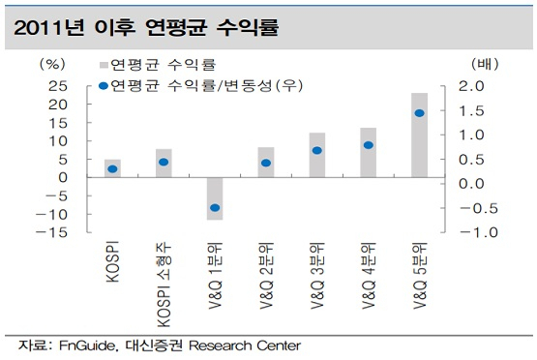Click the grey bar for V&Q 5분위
pyautogui.click(x=419, y=135)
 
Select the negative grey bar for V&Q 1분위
pyautogui.click(x=215, y=198)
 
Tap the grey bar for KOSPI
pyautogui.click(x=112, y=168)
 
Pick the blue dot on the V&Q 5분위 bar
pyautogui.click(x=419, y=113)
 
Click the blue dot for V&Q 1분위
pyautogui.click(x=215, y=207)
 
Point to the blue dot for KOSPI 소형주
pyautogui.click(x=164, y=162)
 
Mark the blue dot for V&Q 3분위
pyautogui.click(x=317, y=150)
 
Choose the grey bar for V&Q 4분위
pyautogui.click(x=369, y=153)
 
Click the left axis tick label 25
pyautogui.click(x=58, y=86)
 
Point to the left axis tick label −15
pyautogui.click(x=51, y=232)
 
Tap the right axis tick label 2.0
pyautogui.click(x=471, y=86)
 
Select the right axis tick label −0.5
pyautogui.click(x=479, y=208)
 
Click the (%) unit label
pyautogui.click(x=52, y=64)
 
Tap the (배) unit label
pyautogui.click(x=486, y=64)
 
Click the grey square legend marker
pyautogui.click(x=104, y=65)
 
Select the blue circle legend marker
pyautogui.click(x=104, y=86)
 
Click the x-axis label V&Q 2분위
pyautogui.click(x=266, y=276)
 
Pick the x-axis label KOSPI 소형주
pyautogui.click(x=164, y=285)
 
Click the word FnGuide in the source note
pyautogui.click(x=87, y=345)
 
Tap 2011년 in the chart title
pyautogui.click(x=48, y=28)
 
